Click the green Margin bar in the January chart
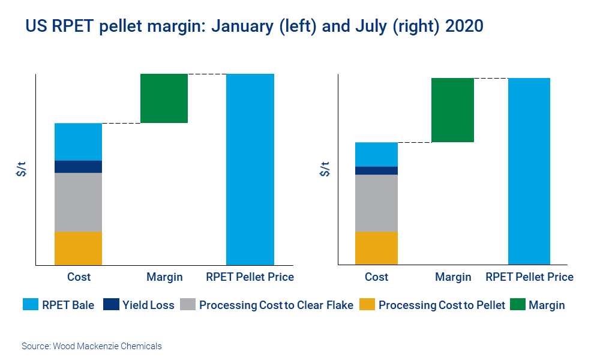coord(164,98)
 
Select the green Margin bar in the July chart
coord(452,110)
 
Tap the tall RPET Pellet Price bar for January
coord(250,169)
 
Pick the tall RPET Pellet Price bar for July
coord(529,171)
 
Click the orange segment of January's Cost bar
coord(78,248)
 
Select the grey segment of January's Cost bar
coord(78,202)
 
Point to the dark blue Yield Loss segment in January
coord(78,166)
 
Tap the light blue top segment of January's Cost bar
coord(78,142)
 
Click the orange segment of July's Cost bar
coord(376,248)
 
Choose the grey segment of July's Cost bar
coord(376,203)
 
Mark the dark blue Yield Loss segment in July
coord(376,170)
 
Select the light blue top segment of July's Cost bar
coord(376,154)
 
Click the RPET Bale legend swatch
coord(29,305)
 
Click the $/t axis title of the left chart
coord(22,169)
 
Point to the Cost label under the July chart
coord(376,277)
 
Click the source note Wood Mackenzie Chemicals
coord(92,346)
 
